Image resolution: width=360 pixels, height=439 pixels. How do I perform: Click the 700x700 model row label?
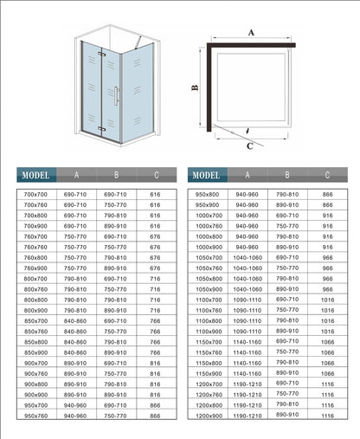point(35,194)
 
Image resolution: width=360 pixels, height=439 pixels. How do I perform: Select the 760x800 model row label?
point(35,256)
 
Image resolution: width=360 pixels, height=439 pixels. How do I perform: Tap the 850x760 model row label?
point(35,331)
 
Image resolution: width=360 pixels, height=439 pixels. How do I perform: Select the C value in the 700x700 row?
point(156,194)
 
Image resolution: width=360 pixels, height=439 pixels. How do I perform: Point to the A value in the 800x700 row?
point(75,278)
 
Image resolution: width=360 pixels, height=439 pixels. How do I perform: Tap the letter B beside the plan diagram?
point(196,87)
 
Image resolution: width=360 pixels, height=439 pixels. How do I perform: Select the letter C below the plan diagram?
point(250,145)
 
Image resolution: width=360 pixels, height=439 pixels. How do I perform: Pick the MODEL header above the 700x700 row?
point(36,173)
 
